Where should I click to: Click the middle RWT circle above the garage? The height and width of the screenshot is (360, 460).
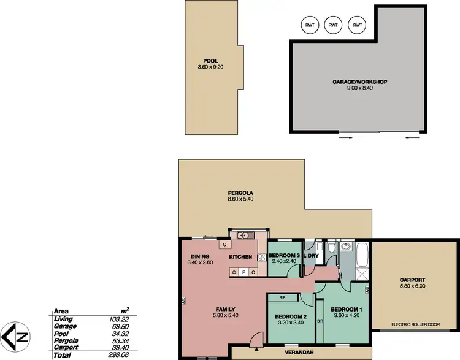click(x=332, y=25)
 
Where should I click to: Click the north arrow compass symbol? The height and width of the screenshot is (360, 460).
click(x=15, y=337)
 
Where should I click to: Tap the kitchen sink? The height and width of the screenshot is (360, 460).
click(x=243, y=234)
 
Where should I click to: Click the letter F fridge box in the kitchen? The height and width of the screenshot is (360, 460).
click(x=243, y=271)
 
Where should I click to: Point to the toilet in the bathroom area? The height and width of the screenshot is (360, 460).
click(x=331, y=247)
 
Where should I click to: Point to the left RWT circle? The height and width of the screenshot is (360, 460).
click(x=309, y=25)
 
